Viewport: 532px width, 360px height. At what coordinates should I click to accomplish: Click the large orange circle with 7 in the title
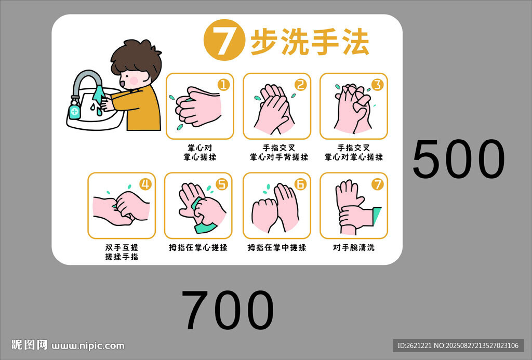pos(224,40)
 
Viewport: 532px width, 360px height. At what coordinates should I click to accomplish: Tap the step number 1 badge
pos(223,85)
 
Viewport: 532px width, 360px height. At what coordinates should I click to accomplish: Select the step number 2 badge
pos(300,85)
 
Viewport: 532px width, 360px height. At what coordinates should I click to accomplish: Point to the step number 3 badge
pos(377,85)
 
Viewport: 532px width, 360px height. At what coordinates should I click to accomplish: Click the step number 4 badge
pos(145,184)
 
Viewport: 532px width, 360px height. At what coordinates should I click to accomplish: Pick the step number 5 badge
pos(222,184)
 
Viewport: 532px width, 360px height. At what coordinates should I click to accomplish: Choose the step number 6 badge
pos(300,184)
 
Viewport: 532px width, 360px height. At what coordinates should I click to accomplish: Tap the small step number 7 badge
pos(377,184)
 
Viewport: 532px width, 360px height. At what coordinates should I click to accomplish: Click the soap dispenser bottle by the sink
pos(75,108)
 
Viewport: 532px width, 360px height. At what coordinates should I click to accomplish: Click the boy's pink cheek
pos(134,81)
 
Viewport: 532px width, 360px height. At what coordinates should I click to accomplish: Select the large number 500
pos(459,159)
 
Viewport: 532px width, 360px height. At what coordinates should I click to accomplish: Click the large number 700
pos(228,310)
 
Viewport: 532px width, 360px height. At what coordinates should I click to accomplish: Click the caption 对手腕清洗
pos(353,248)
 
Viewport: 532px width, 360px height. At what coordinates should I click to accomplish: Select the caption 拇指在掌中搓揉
pos(276,248)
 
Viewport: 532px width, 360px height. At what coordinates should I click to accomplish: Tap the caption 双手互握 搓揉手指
pos(122,252)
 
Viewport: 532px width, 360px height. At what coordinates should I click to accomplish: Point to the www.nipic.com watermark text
pos(88,346)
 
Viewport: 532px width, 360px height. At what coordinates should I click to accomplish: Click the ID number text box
pos(458,345)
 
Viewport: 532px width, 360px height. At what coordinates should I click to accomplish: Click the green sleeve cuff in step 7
pos(377,216)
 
